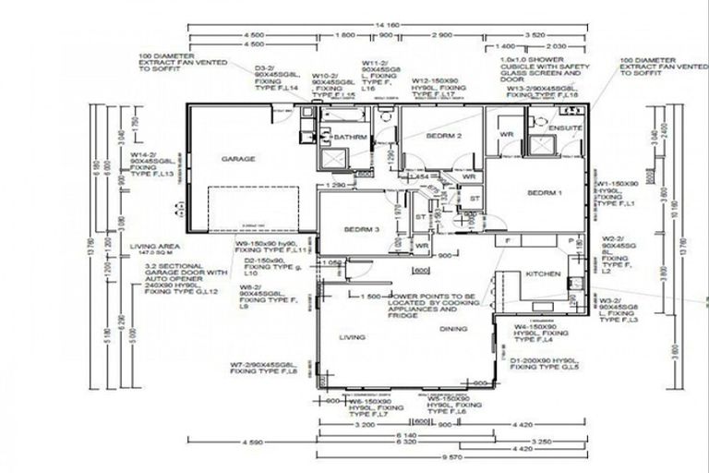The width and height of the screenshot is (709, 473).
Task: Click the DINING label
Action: [x=453, y=329]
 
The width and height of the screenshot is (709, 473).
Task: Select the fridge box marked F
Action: [x=508, y=241]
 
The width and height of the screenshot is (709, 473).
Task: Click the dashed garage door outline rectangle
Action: [x=254, y=208]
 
